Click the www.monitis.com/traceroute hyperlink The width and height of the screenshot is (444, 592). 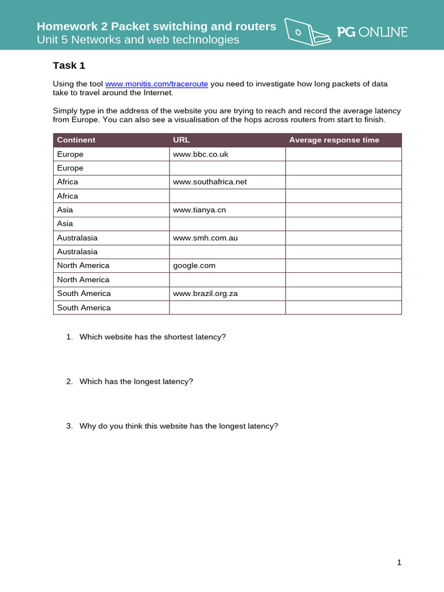click(x=156, y=84)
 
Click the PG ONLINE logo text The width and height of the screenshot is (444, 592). click(x=372, y=32)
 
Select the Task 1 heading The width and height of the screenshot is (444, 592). click(x=69, y=65)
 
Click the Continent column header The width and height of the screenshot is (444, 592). click(x=76, y=140)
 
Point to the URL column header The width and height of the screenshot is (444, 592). click(x=181, y=140)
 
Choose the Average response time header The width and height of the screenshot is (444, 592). click(x=334, y=140)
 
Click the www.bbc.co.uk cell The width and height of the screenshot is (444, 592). click(x=197, y=154)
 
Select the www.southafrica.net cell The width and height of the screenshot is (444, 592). click(x=210, y=182)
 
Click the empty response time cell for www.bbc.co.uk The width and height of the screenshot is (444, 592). click(x=343, y=154)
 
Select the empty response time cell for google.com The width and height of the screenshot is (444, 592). click(x=343, y=265)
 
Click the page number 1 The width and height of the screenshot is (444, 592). click(x=399, y=563)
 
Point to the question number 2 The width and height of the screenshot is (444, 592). click(x=69, y=382)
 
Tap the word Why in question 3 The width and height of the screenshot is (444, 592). click(x=87, y=426)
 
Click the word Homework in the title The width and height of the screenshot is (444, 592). click(x=64, y=26)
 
